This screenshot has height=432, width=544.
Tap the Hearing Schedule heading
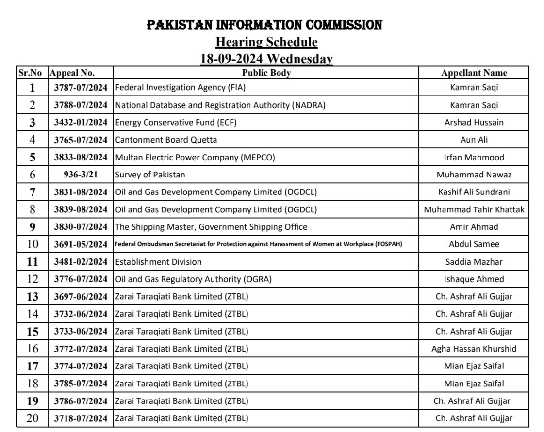click(x=266, y=42)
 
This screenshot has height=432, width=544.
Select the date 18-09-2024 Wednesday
click(x=266, y=59)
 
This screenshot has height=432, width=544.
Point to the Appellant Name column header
click(x=474, y=73)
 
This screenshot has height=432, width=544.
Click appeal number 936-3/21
click(x=81, y=175)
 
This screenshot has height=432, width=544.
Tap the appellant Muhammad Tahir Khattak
click(x=474, y=210)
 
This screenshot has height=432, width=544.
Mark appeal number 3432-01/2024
click(x=81, y=123)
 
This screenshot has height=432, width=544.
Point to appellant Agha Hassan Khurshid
click(x=474, y=348)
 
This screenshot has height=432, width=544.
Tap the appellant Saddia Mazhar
click(x=474, y=262)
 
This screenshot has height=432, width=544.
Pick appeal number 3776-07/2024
click(x=81, y=279)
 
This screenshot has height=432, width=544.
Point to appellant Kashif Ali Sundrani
click(x=474, y=192)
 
